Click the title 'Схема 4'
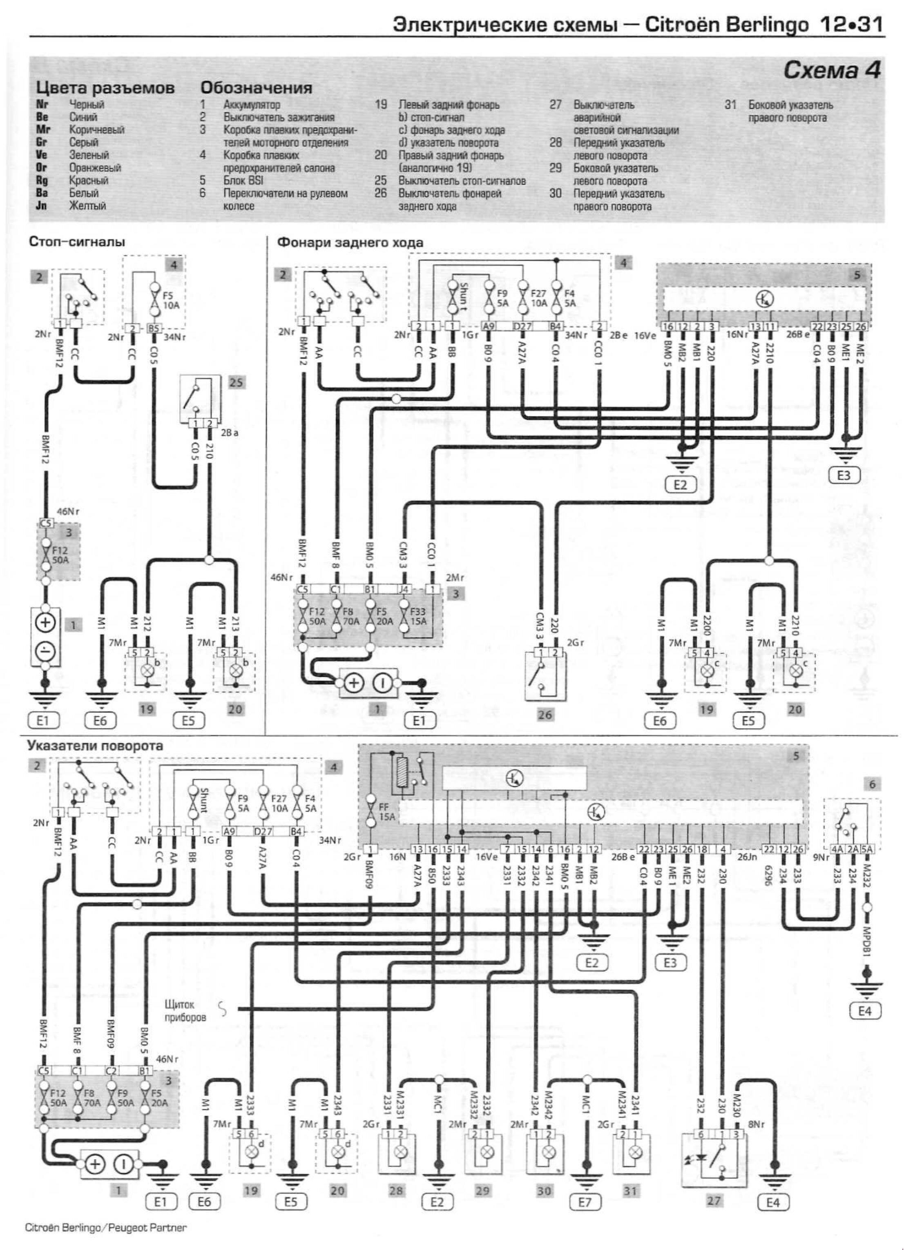click(832, 70)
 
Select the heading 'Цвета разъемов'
click(105, 88)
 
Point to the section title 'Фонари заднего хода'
click(350, 242)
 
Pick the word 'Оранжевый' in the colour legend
click(95, 168)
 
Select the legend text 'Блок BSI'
click(243, 180)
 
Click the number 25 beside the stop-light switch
click(236, 382)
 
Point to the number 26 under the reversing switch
click(545, 715)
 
